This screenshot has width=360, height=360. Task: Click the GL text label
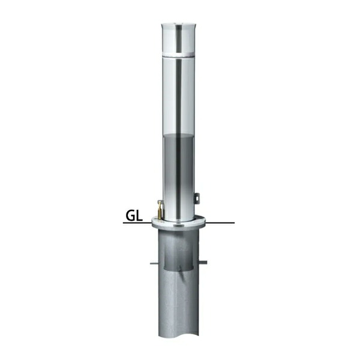tap(134, 216)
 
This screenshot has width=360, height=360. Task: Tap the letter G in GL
tap(130, 216)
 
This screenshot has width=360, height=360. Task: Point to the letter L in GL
tap(139, 216)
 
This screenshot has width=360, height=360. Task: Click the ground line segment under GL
tap(137, 223)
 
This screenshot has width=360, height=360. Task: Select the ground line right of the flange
tap(220, 223)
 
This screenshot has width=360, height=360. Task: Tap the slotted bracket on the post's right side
tap(197, 198)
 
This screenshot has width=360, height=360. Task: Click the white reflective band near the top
tap(178, 55)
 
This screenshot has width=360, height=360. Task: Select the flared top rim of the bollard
tap(178, 24)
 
